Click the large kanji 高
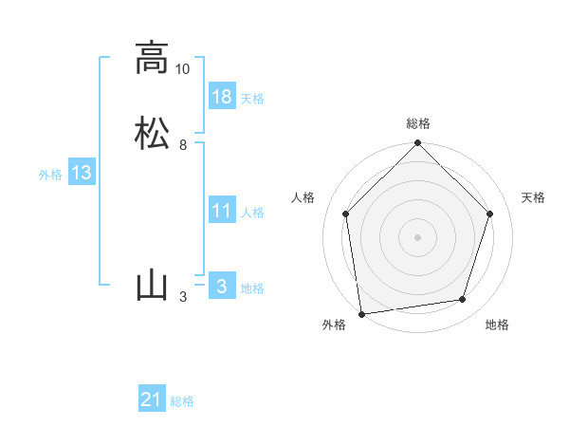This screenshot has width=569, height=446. tap(152, 58)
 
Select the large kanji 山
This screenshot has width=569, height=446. tap(152, 286)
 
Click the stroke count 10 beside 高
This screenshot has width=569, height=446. tap(183, 69)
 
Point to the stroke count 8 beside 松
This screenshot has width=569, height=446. tap(183, 145)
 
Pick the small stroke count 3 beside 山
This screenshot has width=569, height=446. tap(183, 297)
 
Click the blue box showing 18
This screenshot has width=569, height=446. tap(222, 97)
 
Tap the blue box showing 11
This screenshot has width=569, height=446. tap(222, 211)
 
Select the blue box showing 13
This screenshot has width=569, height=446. tap(82, 173)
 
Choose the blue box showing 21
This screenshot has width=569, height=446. tap(152, 400)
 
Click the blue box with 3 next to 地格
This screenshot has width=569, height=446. tap(222, 287)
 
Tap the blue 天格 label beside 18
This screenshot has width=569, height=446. tap(252, 99)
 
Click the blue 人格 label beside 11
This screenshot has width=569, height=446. tap(252, 213)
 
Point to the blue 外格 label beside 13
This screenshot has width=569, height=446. tap(50, 175)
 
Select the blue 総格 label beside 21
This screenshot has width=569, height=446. tap(182, 401)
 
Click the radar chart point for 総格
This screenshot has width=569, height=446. tap(417, 144)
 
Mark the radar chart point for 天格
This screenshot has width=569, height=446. tap(490, 214)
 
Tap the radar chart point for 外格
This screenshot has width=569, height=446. tap(361, 313)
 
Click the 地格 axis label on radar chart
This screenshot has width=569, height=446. tap(497, 325)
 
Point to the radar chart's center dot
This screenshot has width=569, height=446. tap(417, 236)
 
